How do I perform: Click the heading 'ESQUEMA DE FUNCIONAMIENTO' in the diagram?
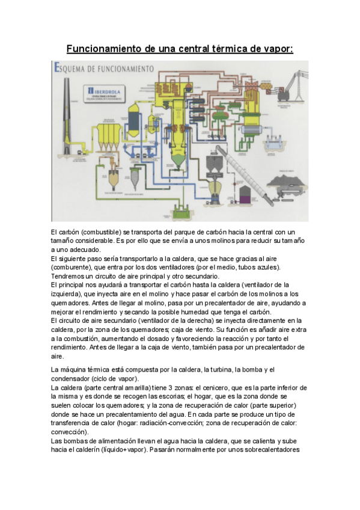pos(105,68)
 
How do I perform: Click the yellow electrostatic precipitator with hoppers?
pos(108,135)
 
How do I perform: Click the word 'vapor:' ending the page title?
pos(278,48)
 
